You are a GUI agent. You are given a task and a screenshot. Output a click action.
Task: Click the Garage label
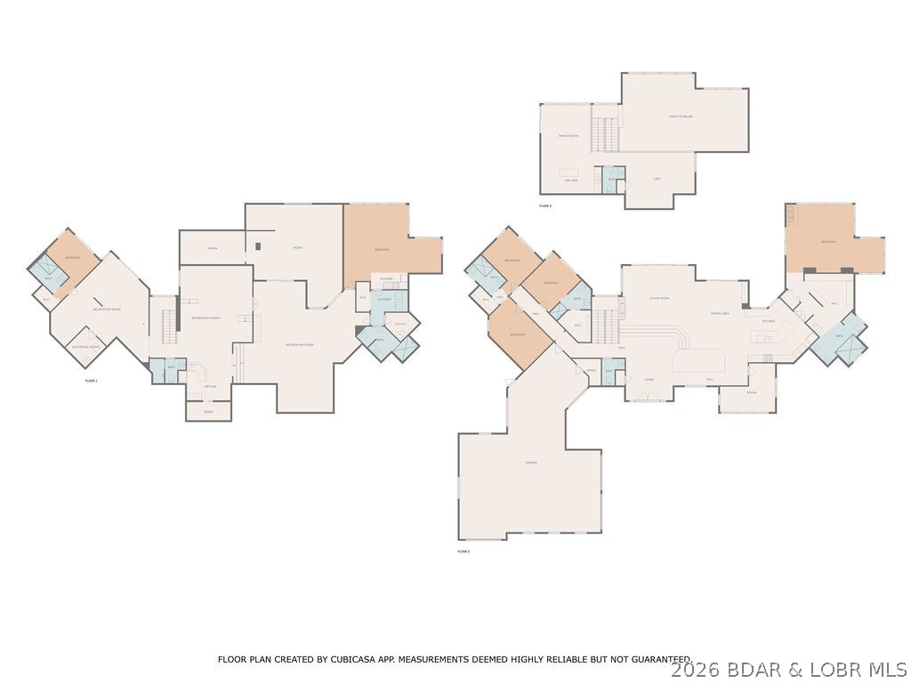click(x=531, y=462)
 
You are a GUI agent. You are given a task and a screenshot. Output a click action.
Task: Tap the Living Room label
click(x=659, y=298)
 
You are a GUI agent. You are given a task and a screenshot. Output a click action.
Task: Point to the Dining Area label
click(x=720, y=313)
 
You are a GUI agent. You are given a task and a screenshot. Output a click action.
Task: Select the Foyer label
click(x=649, y=379)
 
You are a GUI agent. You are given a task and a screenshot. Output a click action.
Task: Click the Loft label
click(x=657, y=179)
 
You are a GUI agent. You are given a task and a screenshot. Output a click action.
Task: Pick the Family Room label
click(x=568, y=136)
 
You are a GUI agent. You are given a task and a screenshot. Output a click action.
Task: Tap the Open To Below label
click(x=681, y=117)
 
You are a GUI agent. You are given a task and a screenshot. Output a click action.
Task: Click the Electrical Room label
click(x=85, y=347)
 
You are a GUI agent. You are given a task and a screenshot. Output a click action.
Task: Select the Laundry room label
click(x=385, y=300)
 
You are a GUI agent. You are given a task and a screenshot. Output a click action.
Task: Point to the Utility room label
click(x=400, y=324)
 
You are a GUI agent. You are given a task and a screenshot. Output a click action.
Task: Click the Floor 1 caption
click(x=91, y=381)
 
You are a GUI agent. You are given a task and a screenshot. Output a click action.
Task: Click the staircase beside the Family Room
click(x=606, y=133)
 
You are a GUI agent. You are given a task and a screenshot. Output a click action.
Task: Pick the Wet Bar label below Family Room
click(x=571, y=181)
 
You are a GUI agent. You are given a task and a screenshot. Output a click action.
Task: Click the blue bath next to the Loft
click(x=612, y=178)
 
